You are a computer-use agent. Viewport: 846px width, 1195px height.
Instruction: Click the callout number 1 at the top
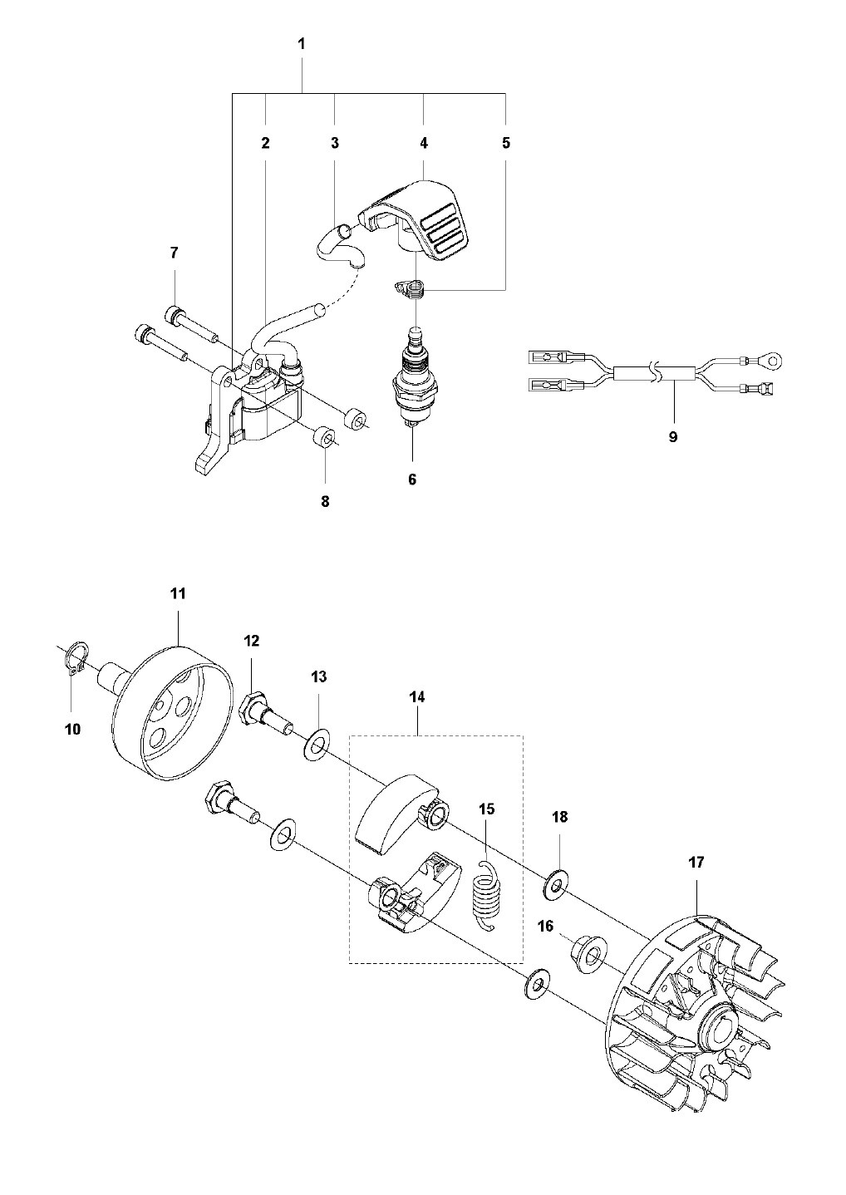(x=302, y=44)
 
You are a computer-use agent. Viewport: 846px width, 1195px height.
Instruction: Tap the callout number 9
(x=672, y=437)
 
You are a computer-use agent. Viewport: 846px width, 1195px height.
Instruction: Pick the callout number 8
(x=325, y=501)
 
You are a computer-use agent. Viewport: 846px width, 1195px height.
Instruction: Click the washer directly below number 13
(x=316, y=745)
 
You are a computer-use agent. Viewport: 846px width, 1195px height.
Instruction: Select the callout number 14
(x=417, y=696)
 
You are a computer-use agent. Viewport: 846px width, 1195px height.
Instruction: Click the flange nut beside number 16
(x=589, y=956)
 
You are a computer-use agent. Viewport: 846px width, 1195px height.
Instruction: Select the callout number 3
(x=334, y=143)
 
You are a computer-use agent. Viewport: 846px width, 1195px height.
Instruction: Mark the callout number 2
(x=265, y=143)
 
